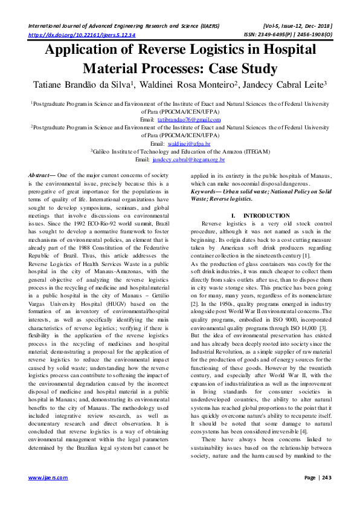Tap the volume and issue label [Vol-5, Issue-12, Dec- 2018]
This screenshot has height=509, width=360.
click(x=295, y=27)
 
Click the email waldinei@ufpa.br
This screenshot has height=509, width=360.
click(x=187, y=144)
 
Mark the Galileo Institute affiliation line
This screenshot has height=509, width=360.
click(x=180, y=152)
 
